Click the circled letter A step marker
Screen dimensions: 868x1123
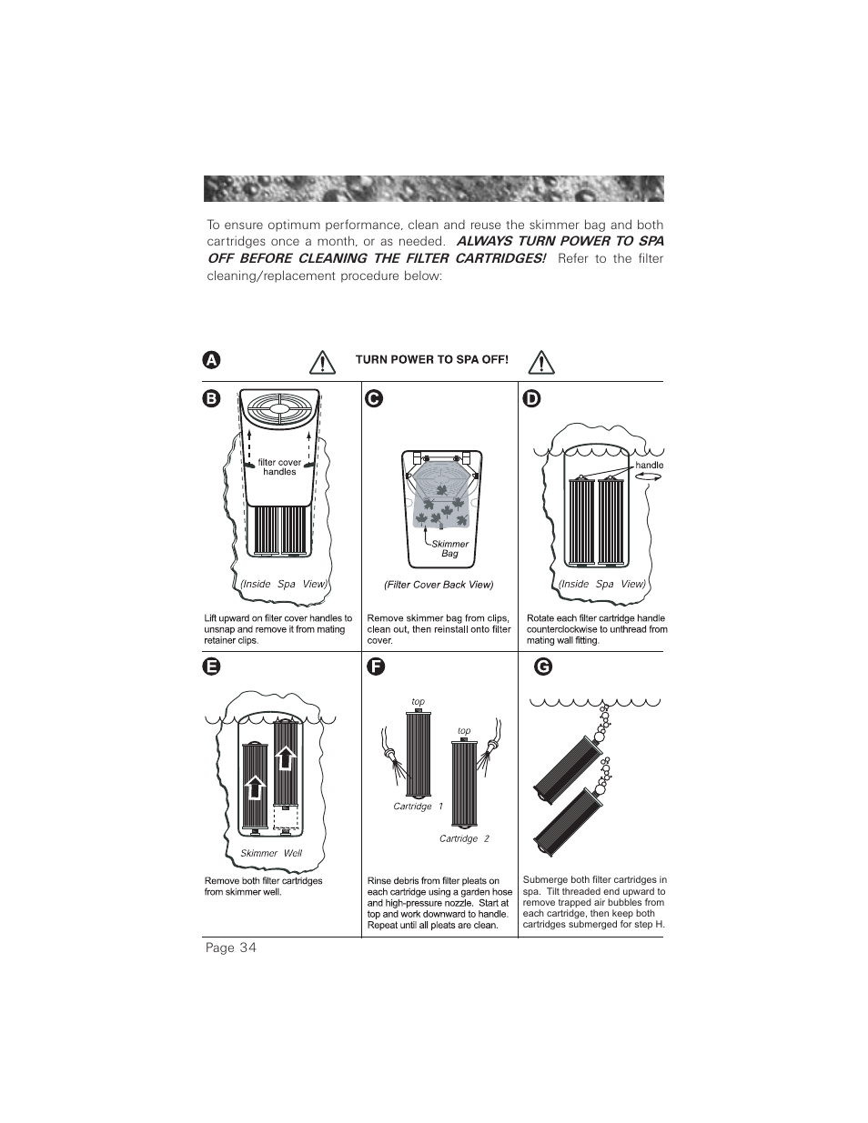tap(211, 359)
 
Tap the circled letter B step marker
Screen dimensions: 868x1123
tap(211, 398)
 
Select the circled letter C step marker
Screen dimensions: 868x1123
tap(372, 398)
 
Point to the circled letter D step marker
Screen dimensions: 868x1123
tap(531, 398)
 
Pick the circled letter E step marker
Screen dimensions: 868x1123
tap(211, 667)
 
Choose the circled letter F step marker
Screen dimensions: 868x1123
tap(372, 667)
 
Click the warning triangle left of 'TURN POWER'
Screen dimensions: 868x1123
tap(322, 362)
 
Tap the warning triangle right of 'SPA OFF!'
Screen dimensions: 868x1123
tap(541, 362)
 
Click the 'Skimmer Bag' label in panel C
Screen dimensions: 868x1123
tap(449, 548)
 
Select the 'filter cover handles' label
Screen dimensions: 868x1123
tap(279, 467)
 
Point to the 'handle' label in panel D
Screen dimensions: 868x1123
tap(650, 465)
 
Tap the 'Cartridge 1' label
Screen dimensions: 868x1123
tap(418, 807)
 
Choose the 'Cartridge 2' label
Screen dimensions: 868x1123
tap(464, 838)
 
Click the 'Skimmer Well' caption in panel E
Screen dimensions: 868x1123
tap(271, 853)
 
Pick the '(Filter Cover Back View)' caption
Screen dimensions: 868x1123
tap(439, 585)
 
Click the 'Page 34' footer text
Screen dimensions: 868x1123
tap(231, 948)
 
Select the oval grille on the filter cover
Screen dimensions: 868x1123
tap(279, 411)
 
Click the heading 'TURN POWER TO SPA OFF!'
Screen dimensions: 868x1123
tap(431, 359)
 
